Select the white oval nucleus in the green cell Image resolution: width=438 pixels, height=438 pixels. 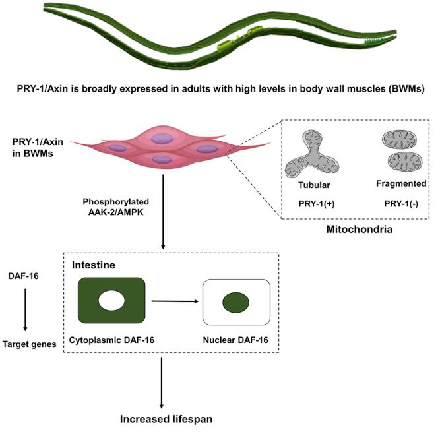[x=111, y=302]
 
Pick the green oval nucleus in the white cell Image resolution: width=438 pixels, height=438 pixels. [x=235, y=303]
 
